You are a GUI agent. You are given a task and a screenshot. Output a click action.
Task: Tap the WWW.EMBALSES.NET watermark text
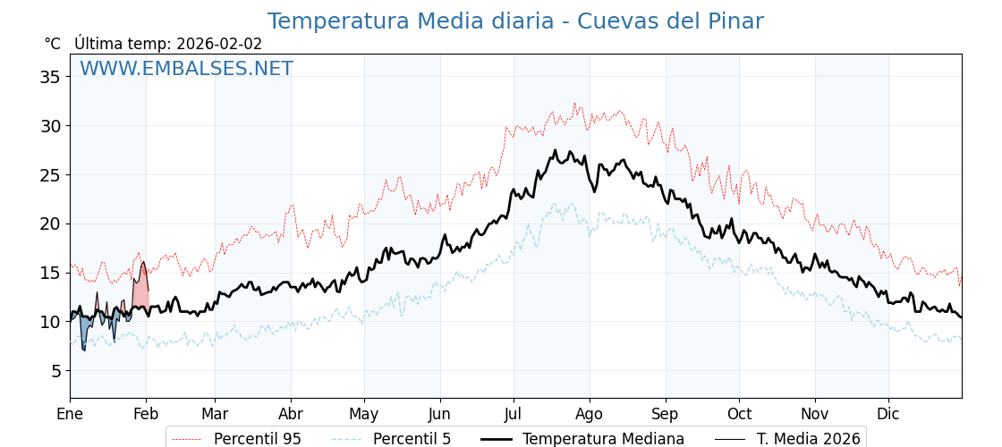click(x=186, y=69)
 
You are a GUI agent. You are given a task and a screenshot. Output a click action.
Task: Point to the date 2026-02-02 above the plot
click(x=219, y=44)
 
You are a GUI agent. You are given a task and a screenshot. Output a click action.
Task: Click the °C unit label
click(x=53, y=44)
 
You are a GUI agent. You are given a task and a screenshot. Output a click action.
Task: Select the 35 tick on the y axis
click(x=50, y=77)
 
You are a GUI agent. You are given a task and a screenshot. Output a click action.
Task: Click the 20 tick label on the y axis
click(x=50, y=223)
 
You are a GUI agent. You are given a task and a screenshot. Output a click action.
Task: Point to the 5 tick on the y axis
click(x=55, y=370)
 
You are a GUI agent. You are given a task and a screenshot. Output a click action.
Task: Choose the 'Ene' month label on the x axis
click(x=70, y=414)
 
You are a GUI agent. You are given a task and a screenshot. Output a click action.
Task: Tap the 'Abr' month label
click(x=291, y=414)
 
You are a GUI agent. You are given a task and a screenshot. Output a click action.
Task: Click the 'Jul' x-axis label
click(x=514, y=414)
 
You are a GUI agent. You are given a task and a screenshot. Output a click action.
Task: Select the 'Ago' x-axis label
click(x=590, y=414)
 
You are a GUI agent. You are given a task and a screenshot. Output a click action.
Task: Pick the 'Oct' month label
click(x=739, y=414)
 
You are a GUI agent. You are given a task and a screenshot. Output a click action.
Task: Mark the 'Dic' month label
click(x=888, y=414)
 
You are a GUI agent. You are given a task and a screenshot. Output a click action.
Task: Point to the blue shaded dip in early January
click(x=85, y=331)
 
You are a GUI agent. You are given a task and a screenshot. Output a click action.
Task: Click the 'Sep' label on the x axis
click(x=666, y=414)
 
